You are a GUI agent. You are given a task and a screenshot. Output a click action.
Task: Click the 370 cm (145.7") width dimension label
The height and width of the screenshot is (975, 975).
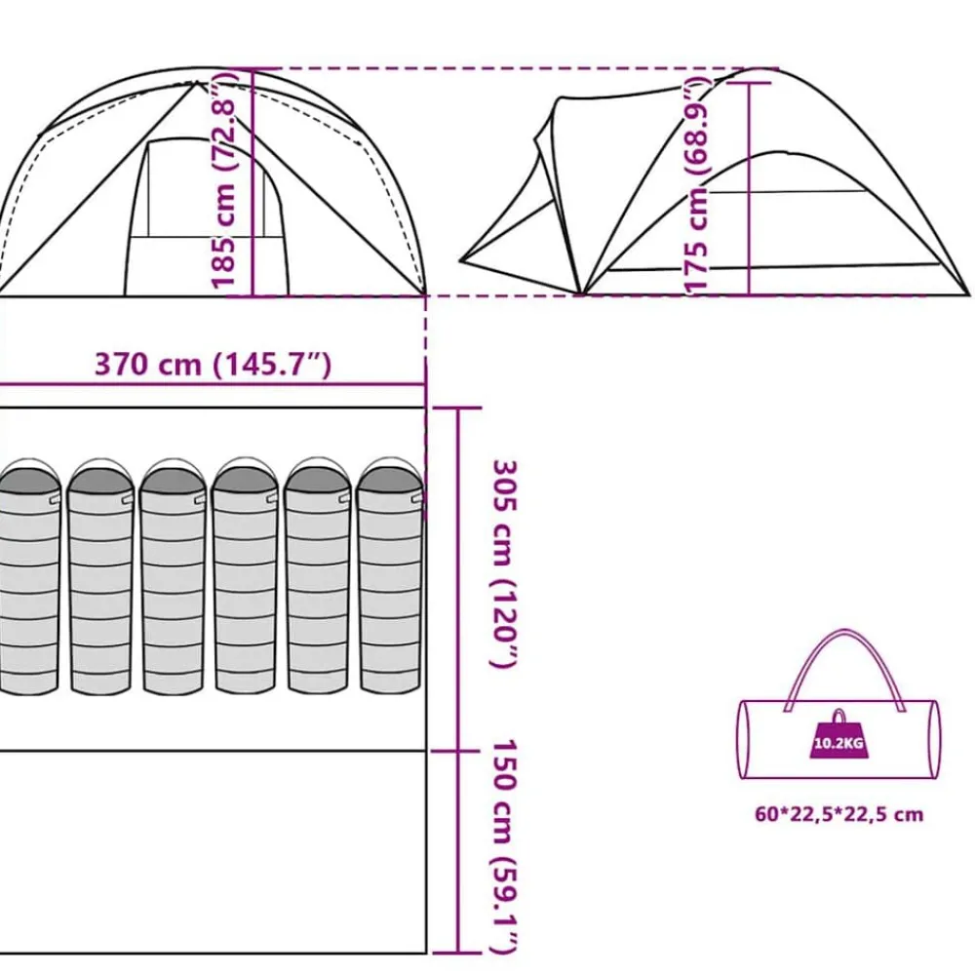(213, 365)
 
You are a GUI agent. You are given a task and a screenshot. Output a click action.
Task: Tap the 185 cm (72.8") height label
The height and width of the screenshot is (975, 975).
(224, 180)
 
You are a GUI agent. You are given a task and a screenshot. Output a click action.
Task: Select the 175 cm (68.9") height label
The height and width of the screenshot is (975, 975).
(696, 185)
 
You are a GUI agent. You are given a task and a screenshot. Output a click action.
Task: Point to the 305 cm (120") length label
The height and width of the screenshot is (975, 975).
(504, 564)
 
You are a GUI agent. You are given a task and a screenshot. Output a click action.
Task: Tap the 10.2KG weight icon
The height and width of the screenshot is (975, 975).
(838, 734)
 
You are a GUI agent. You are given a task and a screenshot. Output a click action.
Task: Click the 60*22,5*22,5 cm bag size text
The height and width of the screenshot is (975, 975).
(838, 814)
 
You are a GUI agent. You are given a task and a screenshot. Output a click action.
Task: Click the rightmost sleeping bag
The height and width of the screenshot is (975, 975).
(390, 576)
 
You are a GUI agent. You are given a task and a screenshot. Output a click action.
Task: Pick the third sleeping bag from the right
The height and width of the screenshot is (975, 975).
(246, 576)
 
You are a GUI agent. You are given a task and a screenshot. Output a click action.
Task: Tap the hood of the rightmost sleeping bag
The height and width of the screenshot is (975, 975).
(390, 477)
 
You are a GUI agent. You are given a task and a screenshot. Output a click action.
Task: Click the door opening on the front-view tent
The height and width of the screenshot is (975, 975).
(207, 217)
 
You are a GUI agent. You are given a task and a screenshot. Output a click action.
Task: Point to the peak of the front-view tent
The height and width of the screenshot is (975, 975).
(197, 82)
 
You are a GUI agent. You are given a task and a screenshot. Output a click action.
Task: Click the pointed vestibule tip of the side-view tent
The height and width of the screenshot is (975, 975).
(461, 258)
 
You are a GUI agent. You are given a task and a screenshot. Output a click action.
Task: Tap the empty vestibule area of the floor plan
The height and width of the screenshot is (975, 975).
(212, 852)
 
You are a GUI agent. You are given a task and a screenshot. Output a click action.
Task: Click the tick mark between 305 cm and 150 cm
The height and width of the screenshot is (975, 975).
(457, 751)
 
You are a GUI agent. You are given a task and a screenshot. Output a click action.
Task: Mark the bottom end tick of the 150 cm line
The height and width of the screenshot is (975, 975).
(457, 953)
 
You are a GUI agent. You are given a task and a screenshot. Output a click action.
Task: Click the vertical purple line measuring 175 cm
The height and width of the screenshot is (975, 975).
(749, 188)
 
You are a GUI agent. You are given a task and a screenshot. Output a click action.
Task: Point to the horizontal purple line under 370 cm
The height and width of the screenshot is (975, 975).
(213, 385)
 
